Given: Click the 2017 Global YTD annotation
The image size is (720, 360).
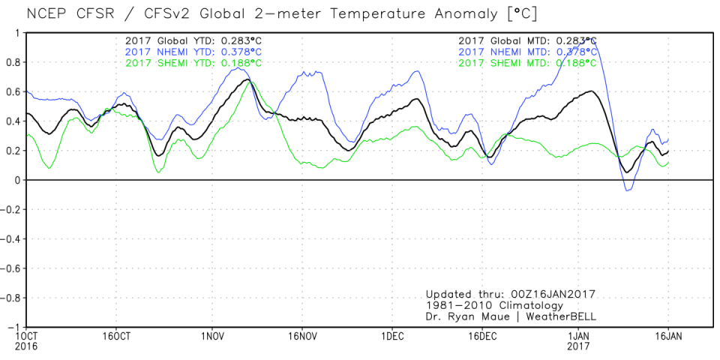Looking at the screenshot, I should pyautogui.click(x=193, y=40).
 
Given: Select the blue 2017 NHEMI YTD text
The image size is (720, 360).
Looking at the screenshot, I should pyautogui.click(x=193, y=51).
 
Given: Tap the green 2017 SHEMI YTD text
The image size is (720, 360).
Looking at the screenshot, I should pyautogui.click(x=193, y=62).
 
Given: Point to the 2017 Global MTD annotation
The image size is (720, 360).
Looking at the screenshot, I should pyautogui.click(x=527, y=40).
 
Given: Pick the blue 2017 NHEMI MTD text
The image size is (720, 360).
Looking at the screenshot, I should pyautogui.click(x=527, y=51).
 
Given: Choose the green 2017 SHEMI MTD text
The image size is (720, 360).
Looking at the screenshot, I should pyautogui.click(x=527, y=62).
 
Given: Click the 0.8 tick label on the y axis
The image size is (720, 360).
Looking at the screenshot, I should pyautogui.click(x=13, y=62).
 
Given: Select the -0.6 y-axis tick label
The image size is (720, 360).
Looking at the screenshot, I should pyautogui.click(x=11, y=268).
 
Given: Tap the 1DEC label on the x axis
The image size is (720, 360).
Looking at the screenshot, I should pyautogui.click(x=393, y=335).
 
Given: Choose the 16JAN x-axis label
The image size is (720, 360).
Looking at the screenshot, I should pyautogui.click(x=668, y=335).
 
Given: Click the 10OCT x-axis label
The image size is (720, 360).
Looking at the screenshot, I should pyautogui.click(x=26, y=335).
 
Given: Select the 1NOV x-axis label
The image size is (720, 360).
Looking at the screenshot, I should pyautogui.click(x=211, y=335).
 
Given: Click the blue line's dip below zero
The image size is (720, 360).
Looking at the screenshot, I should pyautogui.click(x=628, y=190).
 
